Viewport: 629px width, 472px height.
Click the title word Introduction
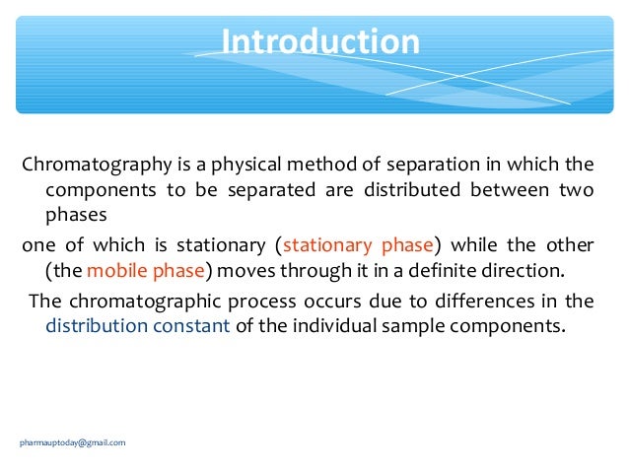tap(320, 43)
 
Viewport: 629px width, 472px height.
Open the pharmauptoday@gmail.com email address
tap(73, 442)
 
